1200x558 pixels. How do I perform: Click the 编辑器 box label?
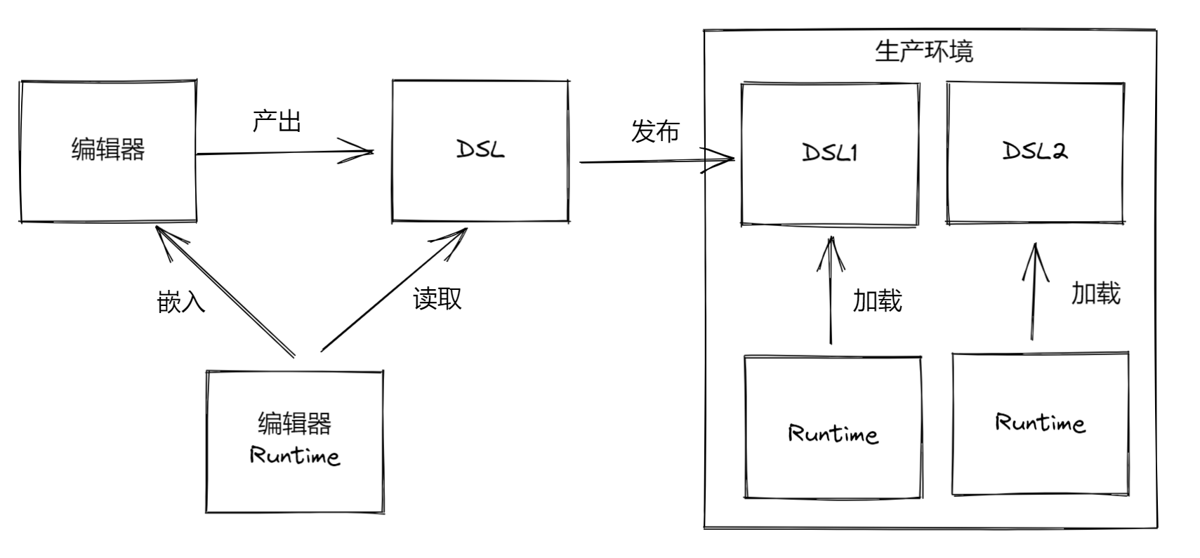pyautogui.click(x=107, y=150)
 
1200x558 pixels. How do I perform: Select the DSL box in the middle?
pyautogui.click(x=480, y=151)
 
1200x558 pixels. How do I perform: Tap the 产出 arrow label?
pyautogui.click(x=277, y=121)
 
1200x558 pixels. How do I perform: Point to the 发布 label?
pyautogui.click(x=654, y=131)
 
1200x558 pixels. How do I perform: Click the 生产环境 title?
pyautogui.click(x=923, y=51)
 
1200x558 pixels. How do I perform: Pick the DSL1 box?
pyautogui.click(x=829, y=153)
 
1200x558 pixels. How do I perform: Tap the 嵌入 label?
pyautogui.click(x=180, y=302)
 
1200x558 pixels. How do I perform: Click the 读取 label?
pyautogui.click(x=437, y=298)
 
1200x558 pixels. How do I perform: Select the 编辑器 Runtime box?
pyautogui.click(x=294, y=441)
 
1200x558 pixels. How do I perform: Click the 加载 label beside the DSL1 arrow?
pyautogui.click(x=877, y=300)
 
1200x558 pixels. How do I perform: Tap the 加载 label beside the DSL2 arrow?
pyautogui.click(x=1095, y=293)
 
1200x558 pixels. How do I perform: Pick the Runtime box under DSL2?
pyautogui.click(x=1040, y=423)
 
